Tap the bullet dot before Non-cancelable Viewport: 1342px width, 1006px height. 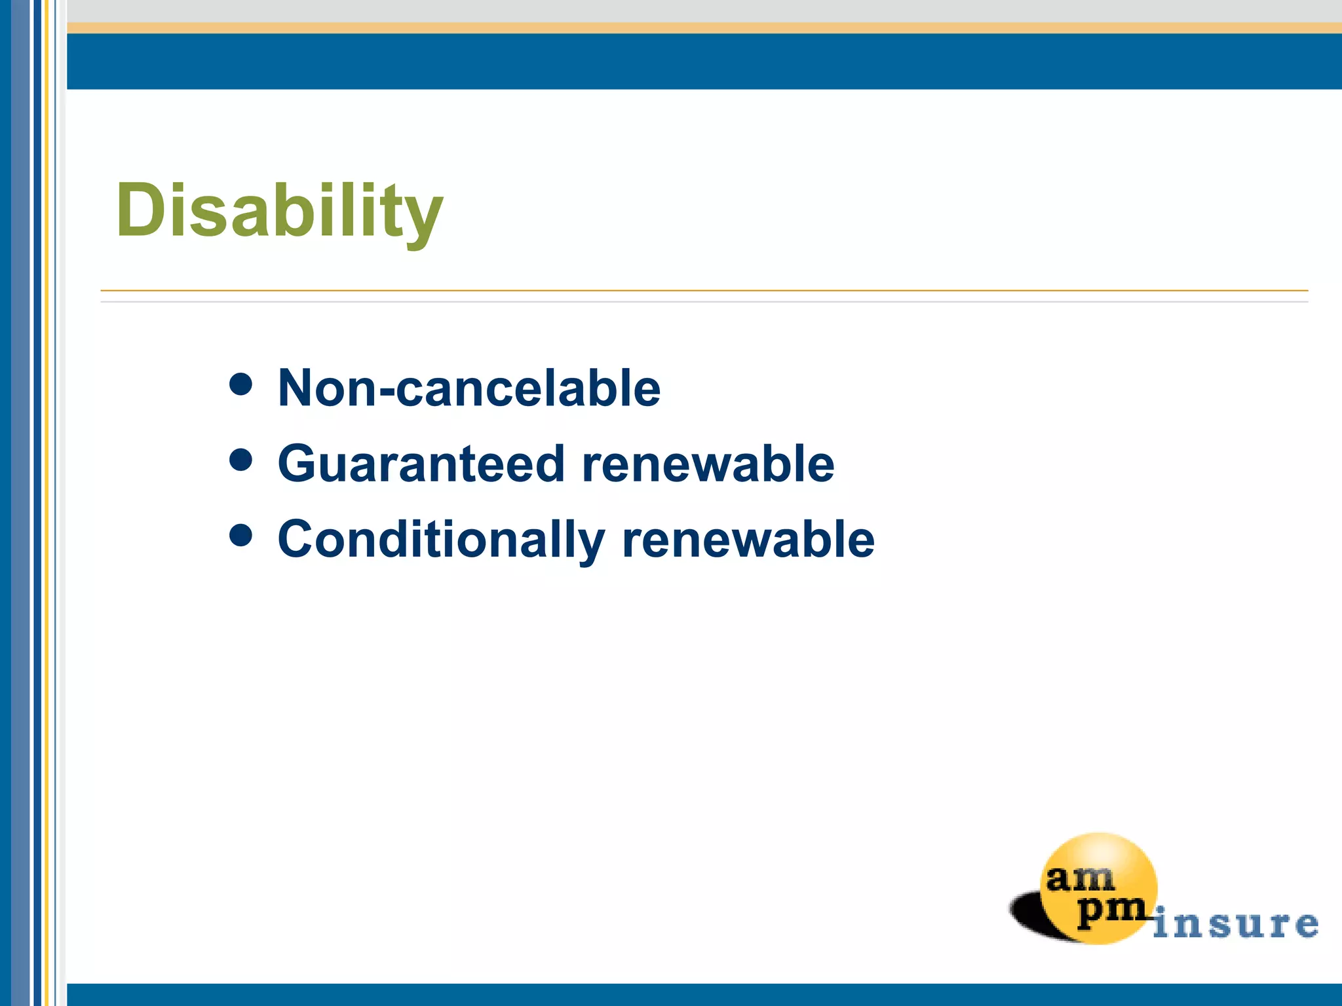241,384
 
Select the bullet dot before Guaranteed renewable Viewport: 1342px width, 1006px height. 241,460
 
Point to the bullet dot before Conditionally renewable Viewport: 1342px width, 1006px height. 241,535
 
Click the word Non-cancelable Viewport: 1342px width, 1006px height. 469,388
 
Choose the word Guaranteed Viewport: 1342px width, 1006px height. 421,464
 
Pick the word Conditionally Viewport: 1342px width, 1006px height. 440,540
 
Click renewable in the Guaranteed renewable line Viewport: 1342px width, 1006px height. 708,464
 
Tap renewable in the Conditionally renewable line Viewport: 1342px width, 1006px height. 748,540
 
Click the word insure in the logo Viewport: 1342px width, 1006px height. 1235,923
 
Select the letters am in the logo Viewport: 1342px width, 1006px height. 1080,878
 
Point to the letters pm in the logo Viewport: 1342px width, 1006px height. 1111,910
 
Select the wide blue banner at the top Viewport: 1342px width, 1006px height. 704,61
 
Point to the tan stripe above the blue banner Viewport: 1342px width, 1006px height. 704,28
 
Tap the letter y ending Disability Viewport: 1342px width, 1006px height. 424,219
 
